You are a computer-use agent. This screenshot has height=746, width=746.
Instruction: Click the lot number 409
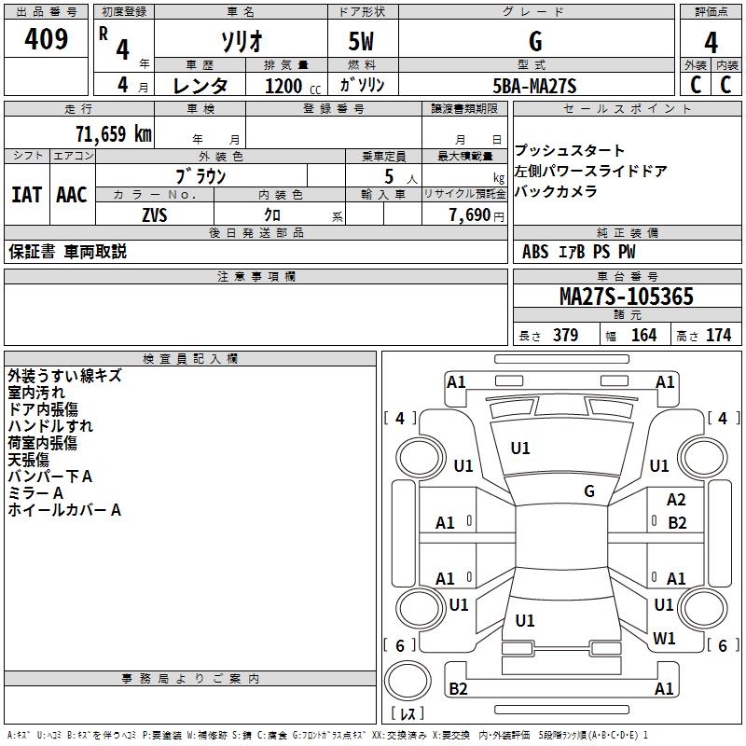[46, 39]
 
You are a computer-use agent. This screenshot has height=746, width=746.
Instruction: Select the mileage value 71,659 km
[114, 133]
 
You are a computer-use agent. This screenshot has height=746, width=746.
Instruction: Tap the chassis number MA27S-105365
[626, 296]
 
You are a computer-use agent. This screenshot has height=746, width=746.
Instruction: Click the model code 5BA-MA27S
[534, 86]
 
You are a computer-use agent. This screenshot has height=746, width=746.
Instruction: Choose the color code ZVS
[155, 215]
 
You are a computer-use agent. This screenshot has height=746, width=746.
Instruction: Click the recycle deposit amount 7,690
[470, 215]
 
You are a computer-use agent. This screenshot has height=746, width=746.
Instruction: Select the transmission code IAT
[27, 195]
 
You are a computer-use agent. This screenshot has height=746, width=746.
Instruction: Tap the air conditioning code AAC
[72, 195]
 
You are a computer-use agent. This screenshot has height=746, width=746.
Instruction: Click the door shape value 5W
[361, 41]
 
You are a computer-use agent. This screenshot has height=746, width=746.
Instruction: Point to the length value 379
[566, 335]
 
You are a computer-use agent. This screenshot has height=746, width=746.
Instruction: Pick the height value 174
[718, 335]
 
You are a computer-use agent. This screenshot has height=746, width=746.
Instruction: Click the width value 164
[643, 335]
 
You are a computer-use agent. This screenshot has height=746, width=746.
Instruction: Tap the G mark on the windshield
[589, 491]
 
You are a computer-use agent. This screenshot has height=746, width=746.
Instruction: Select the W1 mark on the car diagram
[664, 638]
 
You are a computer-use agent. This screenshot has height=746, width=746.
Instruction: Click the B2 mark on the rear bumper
[458, 688]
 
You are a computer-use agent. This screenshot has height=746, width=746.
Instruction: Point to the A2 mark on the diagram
[676, 500]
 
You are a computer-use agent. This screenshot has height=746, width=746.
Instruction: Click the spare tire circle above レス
[408, 681]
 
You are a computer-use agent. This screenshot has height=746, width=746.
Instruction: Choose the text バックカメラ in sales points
[556, 191]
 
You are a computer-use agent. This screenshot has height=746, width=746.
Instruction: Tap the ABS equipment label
[535, 252]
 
